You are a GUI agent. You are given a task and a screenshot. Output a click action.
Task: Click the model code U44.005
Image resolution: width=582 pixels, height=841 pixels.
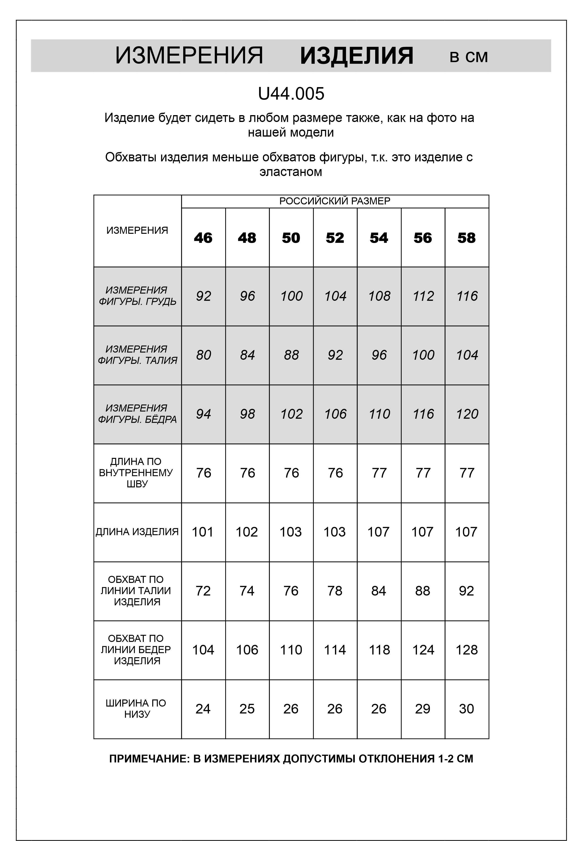click(291, 94)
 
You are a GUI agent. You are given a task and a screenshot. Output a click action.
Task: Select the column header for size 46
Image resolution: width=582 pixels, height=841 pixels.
click(203, 238)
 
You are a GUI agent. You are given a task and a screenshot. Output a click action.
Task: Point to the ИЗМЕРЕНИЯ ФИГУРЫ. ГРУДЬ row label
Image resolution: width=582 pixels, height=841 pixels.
click(137, 296)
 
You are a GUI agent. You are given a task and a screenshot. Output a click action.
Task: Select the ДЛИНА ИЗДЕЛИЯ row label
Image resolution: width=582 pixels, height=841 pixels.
click(137, 532)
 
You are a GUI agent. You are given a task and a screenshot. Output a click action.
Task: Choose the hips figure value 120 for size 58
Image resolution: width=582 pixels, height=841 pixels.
click(467, 414)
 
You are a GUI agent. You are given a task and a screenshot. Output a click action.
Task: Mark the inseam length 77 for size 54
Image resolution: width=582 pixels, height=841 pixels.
click(379, 473)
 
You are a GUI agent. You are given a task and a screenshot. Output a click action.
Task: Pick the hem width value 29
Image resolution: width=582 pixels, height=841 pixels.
click(422, 709)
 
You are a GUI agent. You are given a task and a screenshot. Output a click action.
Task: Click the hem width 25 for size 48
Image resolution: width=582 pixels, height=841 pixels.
click(247, 709)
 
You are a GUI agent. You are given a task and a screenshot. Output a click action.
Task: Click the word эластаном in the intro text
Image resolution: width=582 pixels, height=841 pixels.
click(291, 172)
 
